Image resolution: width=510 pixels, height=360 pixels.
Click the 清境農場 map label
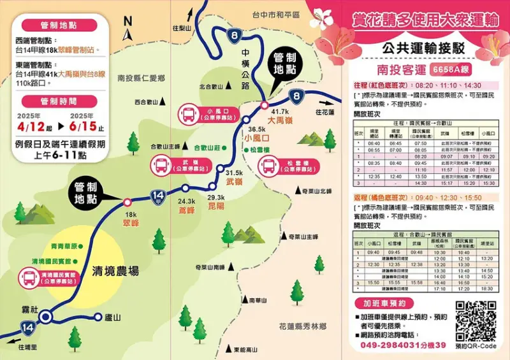coord(115,270)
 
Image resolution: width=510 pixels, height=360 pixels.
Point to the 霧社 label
coord(29,308)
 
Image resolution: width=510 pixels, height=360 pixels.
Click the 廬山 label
coord(113,317)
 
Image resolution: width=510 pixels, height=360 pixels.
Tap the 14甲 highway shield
coord(157,195)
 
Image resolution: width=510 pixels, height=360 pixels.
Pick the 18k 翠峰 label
coord(131,220)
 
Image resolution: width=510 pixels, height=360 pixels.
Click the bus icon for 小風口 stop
coord(190,115)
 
